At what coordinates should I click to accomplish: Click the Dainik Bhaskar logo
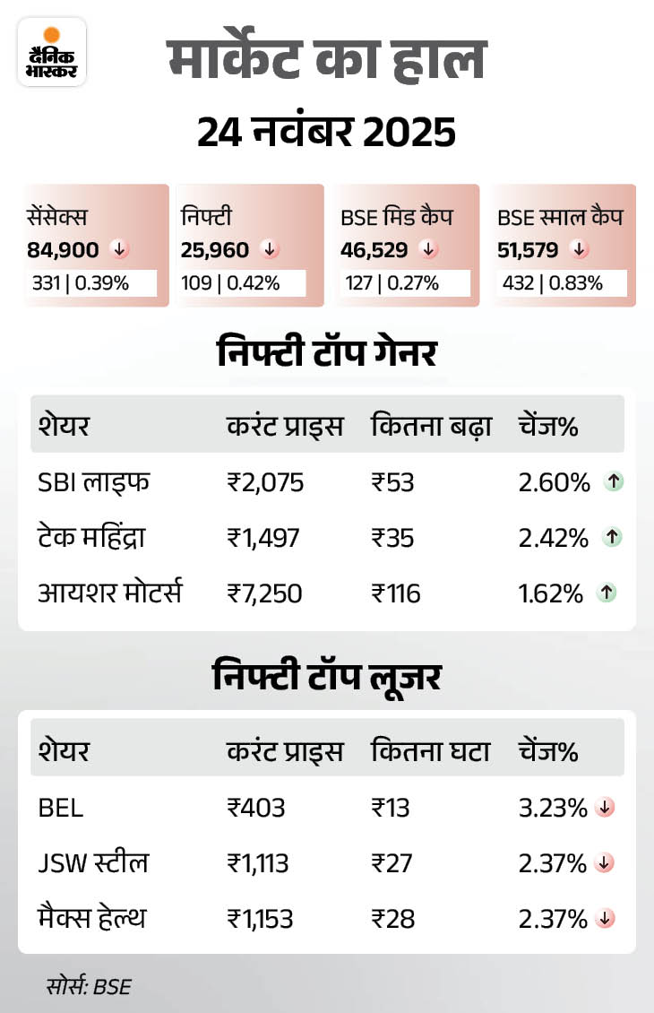tap(51, 51)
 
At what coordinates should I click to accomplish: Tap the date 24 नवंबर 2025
tap(326, 133)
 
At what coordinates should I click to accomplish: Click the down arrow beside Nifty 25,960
tap(268, 249)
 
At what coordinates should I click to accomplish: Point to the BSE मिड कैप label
tap(397, 217)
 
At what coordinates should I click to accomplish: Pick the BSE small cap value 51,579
tap(528, 249)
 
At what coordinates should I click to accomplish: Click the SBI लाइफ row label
tap(93, 482)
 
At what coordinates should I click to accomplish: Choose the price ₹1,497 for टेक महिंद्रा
tap(263, 538)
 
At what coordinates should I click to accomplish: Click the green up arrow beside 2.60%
tap(614, 482)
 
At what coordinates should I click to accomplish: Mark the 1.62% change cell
tap(554, 593)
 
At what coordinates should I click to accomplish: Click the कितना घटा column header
tap(430, 751)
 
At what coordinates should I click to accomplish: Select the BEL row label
tap(61, 808)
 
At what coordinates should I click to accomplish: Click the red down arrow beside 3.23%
tap(605, 808)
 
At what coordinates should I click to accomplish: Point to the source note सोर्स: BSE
tap(89, 987)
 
